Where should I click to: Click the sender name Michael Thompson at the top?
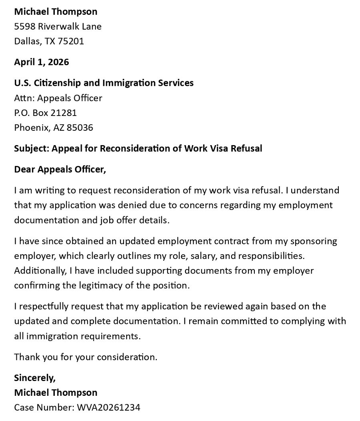point(56,12)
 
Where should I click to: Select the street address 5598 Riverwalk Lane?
point(58,26)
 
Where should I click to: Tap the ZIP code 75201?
point(71,41)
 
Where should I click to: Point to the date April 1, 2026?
point(42,62)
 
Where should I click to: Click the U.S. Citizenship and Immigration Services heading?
point(104,83)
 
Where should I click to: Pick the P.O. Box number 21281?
point(63,113)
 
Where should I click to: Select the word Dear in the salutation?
point(24,169)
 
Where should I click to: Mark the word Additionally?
point(40,271)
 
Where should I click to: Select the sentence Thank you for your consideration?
point(86,357)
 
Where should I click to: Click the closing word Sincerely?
point(35,377)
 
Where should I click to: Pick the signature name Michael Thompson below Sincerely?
point(56,393)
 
